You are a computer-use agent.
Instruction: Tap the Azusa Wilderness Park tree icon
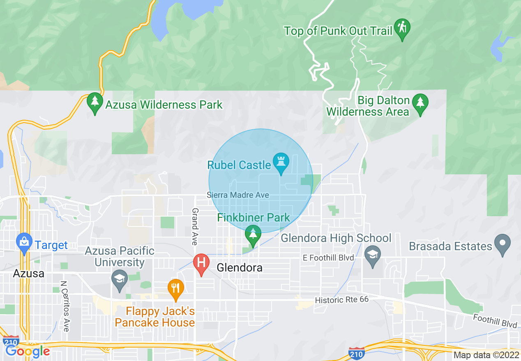95,103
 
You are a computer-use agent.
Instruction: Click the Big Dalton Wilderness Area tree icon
420,103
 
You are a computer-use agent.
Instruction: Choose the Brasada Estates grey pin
502,244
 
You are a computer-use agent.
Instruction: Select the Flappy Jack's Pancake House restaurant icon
175,288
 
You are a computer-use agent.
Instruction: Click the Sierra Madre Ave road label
238,195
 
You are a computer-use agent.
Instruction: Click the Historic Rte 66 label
341,300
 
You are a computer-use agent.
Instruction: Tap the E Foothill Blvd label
328,258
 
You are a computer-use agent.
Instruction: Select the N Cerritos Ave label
65,306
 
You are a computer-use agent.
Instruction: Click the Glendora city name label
239,268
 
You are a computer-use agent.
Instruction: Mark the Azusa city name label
28,273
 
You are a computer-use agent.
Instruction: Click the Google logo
28,351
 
